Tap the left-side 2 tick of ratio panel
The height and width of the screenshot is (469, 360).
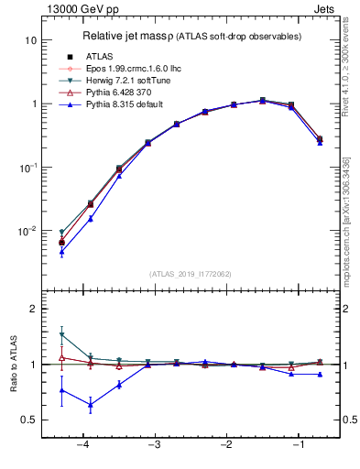pos(33,310)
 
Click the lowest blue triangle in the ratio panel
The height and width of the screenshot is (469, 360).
pos(91,404)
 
